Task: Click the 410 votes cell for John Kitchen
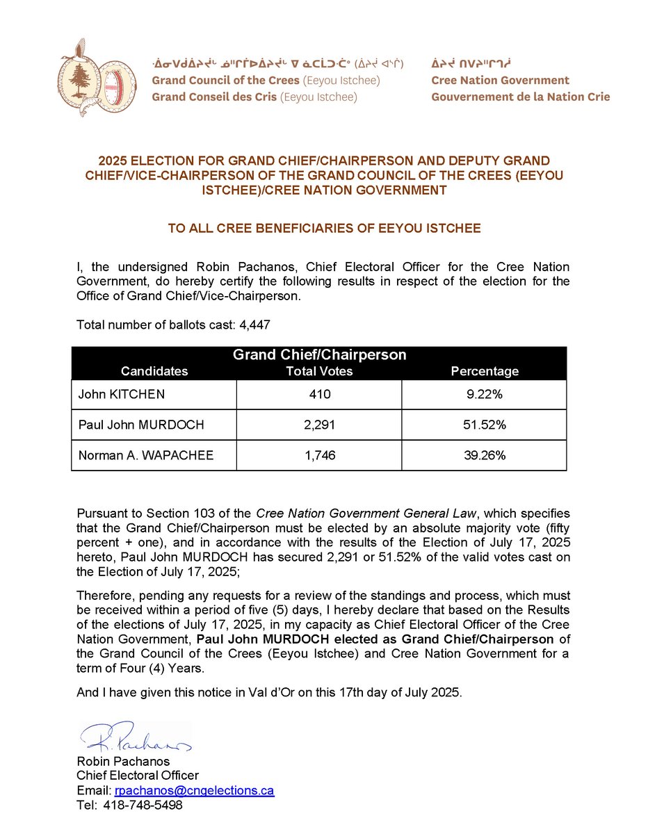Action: pyautogui.click(x=319, y=395)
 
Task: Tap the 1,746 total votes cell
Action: pyautogui.click(x=319, y=456)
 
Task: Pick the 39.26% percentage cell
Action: pyautogui.click(x=484, y=456)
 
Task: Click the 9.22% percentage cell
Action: pyautogui.click(x=484, y=395)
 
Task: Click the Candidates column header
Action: pyautogui.click(x=154, y=371)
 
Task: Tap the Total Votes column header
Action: pyautogui.click(x=319, y=371)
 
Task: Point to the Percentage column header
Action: pyautogui.click(x=485, y=371)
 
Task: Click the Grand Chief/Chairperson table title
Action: pyautogui.click(x=319, y=355)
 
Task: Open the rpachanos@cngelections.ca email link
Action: pyautogui.click(x=193, y=791)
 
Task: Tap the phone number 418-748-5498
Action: pyautogui.click(x=143, y=806)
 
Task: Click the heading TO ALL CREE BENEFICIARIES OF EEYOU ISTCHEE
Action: pyautogui.click(x=324, y=228)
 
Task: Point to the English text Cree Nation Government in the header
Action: pyautogui.click(x=500, y=81)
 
